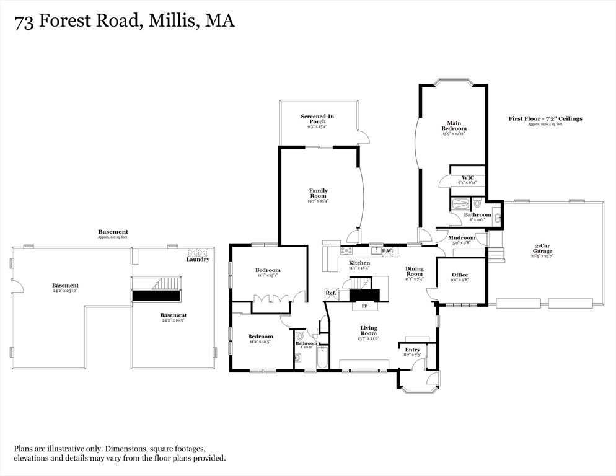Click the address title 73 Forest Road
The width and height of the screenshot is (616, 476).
[125, 22]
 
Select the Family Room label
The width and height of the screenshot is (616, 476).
[319, 193]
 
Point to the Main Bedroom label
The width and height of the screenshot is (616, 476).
[454, 126]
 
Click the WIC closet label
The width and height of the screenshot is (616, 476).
[467, 178]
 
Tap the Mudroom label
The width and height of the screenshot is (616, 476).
[461, 238]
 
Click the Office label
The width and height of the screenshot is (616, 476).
[459, 275]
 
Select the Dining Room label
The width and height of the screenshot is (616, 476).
[414, 271]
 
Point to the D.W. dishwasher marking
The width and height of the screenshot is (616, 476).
[387, 251]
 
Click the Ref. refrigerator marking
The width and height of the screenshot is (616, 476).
[331, 293]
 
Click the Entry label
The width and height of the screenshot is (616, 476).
[412, 350]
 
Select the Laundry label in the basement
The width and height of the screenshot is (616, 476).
[198, 260]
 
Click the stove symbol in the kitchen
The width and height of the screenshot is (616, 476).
[346, 251]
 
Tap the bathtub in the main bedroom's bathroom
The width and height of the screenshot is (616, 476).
[461, 204]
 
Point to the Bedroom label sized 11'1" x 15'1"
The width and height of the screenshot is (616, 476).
[268, 270]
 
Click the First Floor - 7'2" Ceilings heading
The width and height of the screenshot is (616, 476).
[545, 118]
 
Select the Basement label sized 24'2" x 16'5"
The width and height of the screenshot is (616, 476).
[173, 315]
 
